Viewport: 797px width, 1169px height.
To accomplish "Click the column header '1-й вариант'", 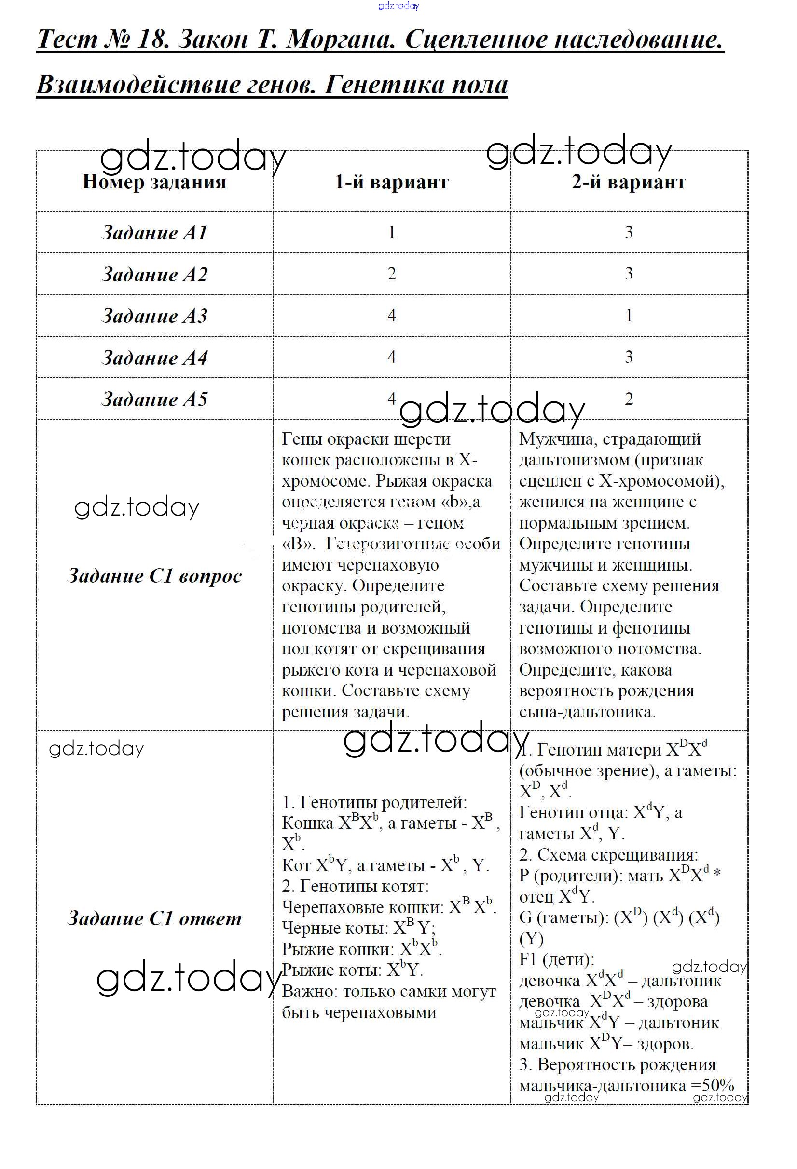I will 391,182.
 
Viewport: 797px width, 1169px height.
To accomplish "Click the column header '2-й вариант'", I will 628,182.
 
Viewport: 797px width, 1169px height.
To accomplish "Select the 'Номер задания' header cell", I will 154,182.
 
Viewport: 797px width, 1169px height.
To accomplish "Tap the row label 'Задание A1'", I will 154,232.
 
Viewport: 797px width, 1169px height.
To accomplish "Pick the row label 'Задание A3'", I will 154,316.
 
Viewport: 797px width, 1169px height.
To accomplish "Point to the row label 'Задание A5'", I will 154,399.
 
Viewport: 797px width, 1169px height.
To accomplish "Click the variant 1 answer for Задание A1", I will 391,232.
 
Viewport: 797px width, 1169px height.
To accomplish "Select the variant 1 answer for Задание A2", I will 391,274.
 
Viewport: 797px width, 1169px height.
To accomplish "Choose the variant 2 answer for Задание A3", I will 628,316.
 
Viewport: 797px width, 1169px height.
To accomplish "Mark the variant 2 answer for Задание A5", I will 628,399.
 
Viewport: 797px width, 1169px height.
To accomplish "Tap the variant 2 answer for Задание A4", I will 628,357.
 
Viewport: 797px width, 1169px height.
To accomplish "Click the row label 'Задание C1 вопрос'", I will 154,576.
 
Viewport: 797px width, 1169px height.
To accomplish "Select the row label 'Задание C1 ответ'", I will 154,918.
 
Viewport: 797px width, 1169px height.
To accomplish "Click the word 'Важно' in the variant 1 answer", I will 309,992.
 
